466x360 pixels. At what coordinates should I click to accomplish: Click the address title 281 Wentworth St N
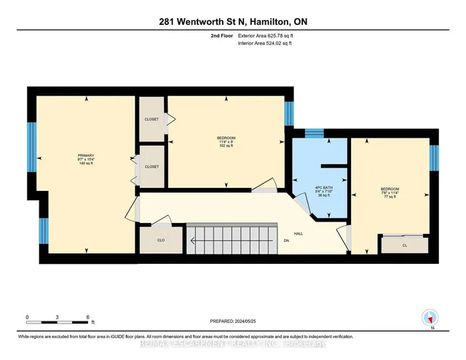pyautogui.click(x=232, y=22)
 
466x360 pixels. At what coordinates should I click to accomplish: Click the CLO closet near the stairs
pyautogui.click(x=161, y=239)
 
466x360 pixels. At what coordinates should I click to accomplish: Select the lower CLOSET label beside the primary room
pyautogui.click(x=151, y=166)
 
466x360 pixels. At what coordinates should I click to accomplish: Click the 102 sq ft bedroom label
pyautogui.click(x=225, y=141)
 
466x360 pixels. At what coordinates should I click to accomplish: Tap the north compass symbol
pyautogui.click(x=430, y=318)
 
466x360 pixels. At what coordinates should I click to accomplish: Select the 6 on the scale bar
pyautogui.click(x=87, y=317)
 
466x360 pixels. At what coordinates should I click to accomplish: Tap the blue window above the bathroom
pyautogui.click(x=314, y=133)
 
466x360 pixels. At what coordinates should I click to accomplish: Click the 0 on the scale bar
pyautogui.click(x=27, y=317)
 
